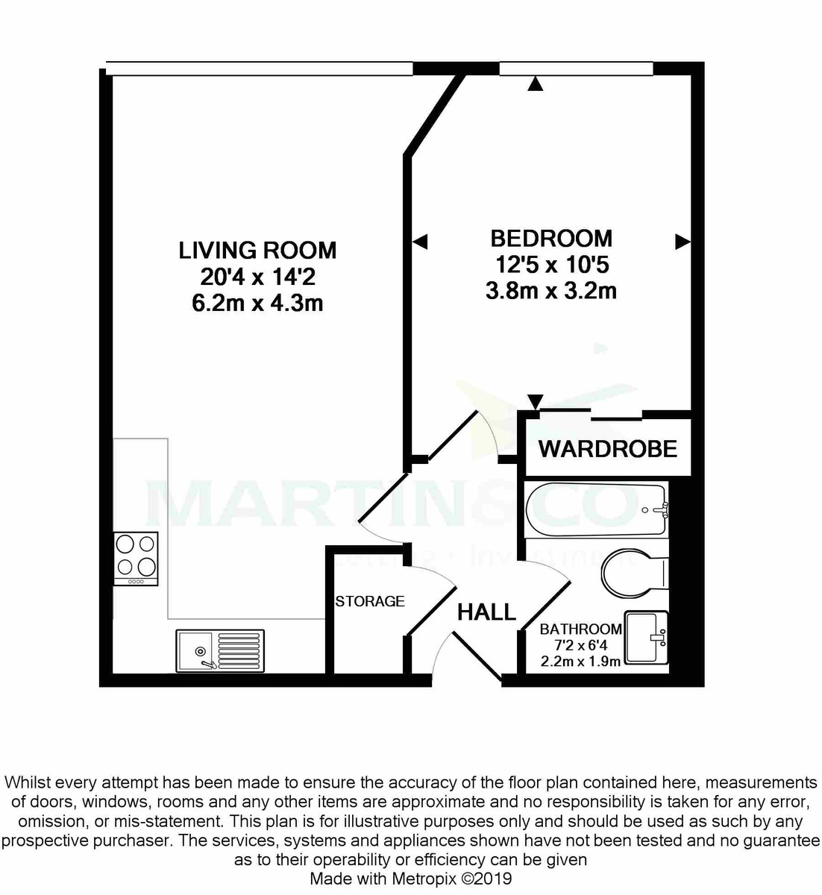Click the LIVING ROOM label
pos(257,250)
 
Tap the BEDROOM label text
pos(550,239)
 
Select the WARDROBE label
pos(607,449)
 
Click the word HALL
pos(486,612)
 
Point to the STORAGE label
pos(369,601)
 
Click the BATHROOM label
pos(580,629)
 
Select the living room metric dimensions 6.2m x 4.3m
pos(257,304)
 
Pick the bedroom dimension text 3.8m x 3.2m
pos(550,291)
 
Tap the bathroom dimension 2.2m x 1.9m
pos(580,661)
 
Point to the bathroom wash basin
pos(646,638)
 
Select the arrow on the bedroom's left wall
pos(420,242)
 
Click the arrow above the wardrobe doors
pos(534,401)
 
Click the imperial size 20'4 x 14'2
pos(257,277)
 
